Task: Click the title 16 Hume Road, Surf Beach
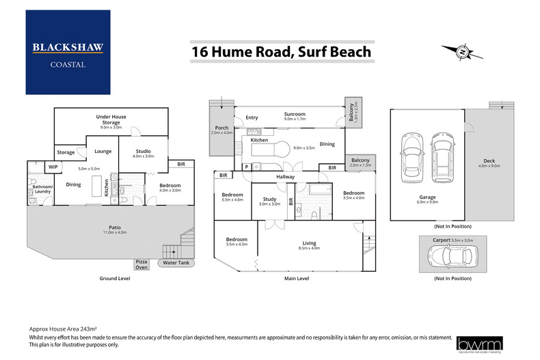(281, 52)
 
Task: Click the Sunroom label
(295, 114)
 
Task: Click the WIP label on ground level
(53, 166)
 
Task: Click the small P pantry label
(247, 165)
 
